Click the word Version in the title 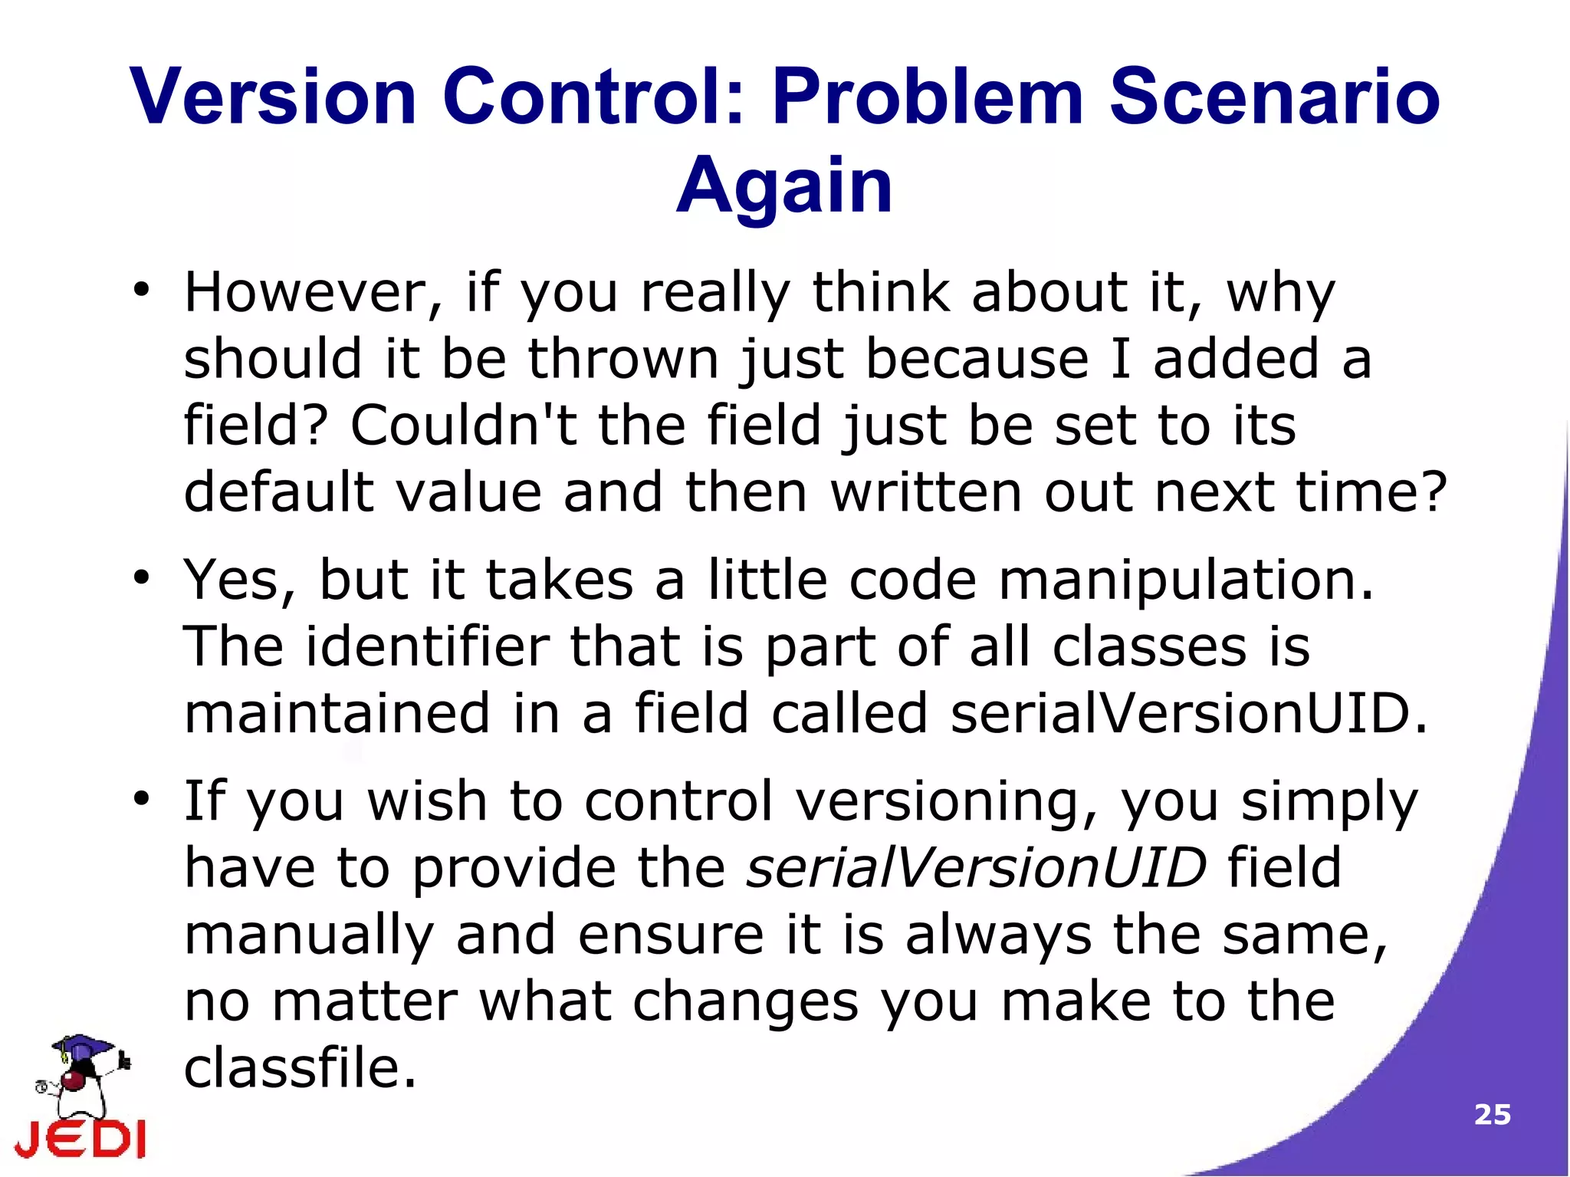tap(273, 97)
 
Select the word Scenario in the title tap(1275, 97)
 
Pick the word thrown tap(623, 359)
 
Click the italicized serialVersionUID tap(976, 868)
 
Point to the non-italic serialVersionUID tap(1189, 713)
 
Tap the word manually tap(309, 935)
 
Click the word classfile tap(300, 1068)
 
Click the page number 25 tap(1492, 1115)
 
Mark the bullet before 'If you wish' tap(141, 798)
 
